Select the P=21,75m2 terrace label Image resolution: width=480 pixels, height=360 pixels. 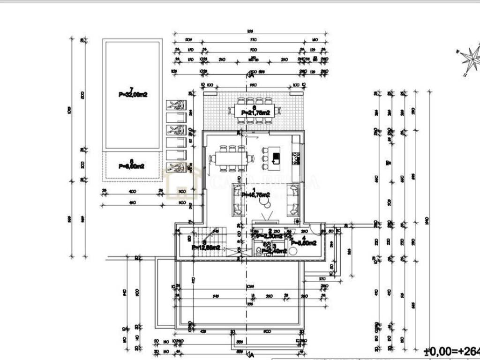[x=255, y=113]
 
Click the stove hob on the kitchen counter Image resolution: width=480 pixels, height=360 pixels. [x=296, y=160]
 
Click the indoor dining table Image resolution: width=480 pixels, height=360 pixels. [x=232, y=158]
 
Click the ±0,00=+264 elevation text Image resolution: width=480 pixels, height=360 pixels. [x=451, y=351]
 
